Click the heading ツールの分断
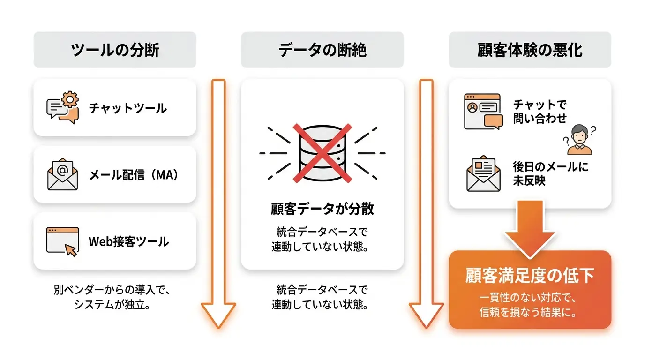point(115,50)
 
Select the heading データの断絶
point(322,50)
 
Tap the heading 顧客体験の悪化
point(530,50)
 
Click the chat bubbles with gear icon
point(62,107)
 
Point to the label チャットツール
point(127,108)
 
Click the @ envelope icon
point(62,174)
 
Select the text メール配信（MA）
point(134,175)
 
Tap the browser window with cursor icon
point(62,241)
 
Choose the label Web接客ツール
point(128,241)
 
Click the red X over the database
point(322,153)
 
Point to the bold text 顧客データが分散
point(322,209)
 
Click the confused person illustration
point(579,140)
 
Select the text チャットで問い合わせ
point(540,112)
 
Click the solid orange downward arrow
point(530,229)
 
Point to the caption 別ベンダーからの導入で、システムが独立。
point(112,297)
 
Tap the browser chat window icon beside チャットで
point(483,112)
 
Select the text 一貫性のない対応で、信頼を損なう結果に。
point(528,305)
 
